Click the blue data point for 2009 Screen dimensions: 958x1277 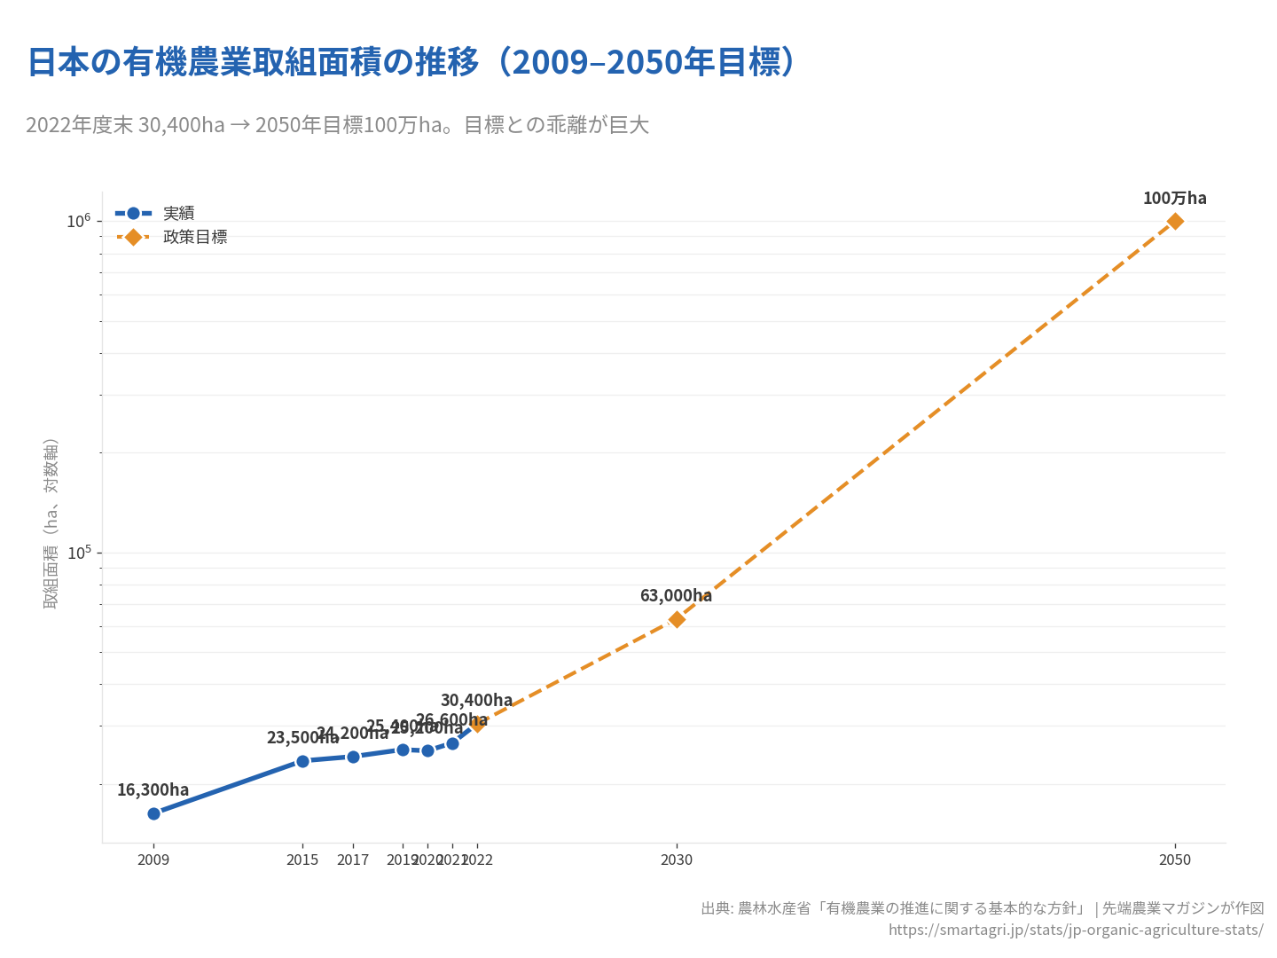pyautogui.click(x=153, y=813)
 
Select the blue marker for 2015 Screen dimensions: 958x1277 pyautogui.click(x=302, y=761)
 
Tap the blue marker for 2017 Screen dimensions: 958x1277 pyautogui.click(x=353, y=757)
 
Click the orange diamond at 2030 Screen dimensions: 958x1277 pyautogui.click(x=677, y=619)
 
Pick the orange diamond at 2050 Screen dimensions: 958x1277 pyautogui.click(x=1175, y=221)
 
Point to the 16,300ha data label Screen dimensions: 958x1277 pyautogui.click(x=153, y=789)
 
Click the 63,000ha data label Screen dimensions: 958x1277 pyautogui.click(x=676, y=595)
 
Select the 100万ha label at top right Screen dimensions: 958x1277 pyautogui.click(x=1174, y=198)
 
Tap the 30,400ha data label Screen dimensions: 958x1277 pyautogui.click(x=476, y=700)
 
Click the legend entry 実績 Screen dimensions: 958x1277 pyautogui.click(x=178, y=213)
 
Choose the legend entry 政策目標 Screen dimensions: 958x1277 pyautogui.click(x=195, y=237)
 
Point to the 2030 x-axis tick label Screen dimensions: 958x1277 pyautogui.click(x=677, y=860)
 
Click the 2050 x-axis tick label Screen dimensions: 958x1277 pyautogui.click(x=1175, y=860)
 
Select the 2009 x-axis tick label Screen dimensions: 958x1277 pyautogui.click(x=153, y=860)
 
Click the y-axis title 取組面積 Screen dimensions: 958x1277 pyautogui.click(x=51, y=523)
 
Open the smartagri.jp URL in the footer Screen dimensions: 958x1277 pyautogui.click(x=1076, y=930)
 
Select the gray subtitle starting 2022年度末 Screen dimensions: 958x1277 pyautogui.click(x=337, y=125)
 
